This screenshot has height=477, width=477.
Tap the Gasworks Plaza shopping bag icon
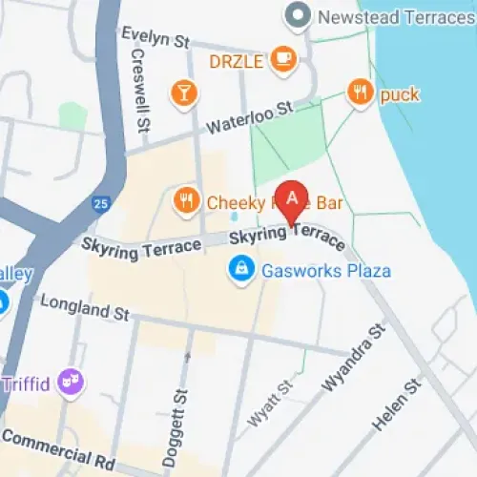(241, 270)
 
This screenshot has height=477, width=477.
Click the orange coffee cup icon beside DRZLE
(283, 60)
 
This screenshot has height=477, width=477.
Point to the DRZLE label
(237, 60)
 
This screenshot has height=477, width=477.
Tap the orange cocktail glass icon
(181, 92)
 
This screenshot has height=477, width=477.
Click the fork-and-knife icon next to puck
(360, 93)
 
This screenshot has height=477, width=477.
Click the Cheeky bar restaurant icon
(186, 200)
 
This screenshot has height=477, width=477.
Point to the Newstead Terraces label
(396, 16)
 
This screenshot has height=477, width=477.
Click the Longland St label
(84, 307)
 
